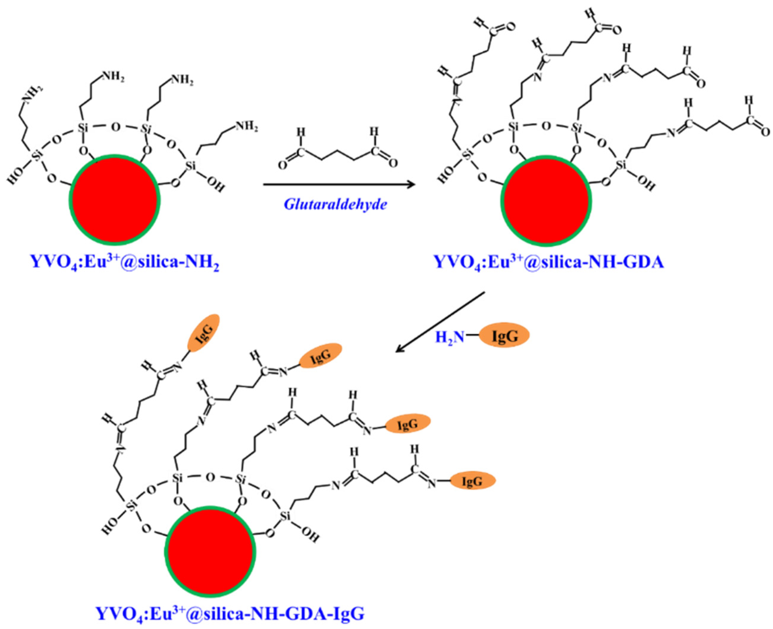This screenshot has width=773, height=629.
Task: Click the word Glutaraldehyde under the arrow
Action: click(x=335, y=204)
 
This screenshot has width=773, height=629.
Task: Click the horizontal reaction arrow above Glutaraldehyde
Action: click(x=339, y=185)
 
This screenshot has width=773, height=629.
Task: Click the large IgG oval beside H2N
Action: click(x=504, y=337)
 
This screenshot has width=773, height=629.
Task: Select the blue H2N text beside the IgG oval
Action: click(x=449, y=337)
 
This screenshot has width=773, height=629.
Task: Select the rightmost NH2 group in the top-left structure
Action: click(x=247, y=127)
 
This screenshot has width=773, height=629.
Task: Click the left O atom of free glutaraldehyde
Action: click(x=282, y=165)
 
